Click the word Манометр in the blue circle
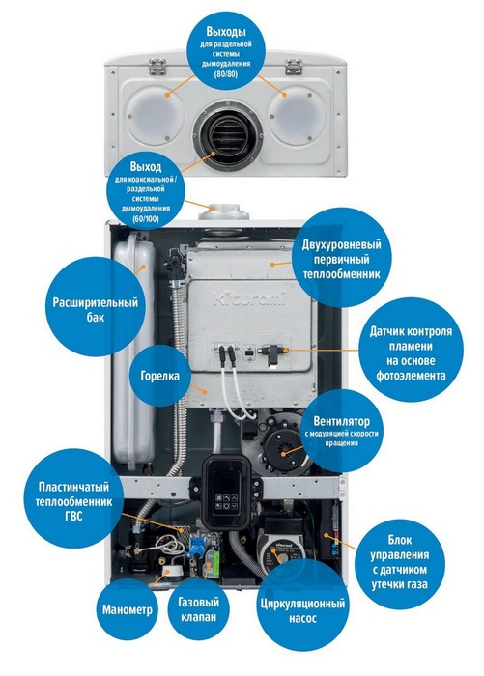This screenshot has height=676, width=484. (128, 610)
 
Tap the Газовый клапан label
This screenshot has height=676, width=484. (198, 609)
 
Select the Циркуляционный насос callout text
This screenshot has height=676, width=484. (302, 610)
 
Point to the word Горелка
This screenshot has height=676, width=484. (160, 376)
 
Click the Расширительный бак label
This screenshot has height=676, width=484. (96, 310)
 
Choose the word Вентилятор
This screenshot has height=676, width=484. (342, 421)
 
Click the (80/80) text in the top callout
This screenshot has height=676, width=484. (226, 74)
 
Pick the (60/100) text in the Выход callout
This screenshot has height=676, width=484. (146, 219)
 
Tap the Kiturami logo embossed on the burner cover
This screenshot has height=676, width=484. (250, 298)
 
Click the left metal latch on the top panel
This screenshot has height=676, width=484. (157, 66)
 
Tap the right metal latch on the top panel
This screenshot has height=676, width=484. (294, 66)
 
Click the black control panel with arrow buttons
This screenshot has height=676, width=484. (226, 491)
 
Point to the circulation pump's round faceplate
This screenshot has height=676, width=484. (280, 555)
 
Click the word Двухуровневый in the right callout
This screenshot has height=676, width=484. (342, 245)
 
